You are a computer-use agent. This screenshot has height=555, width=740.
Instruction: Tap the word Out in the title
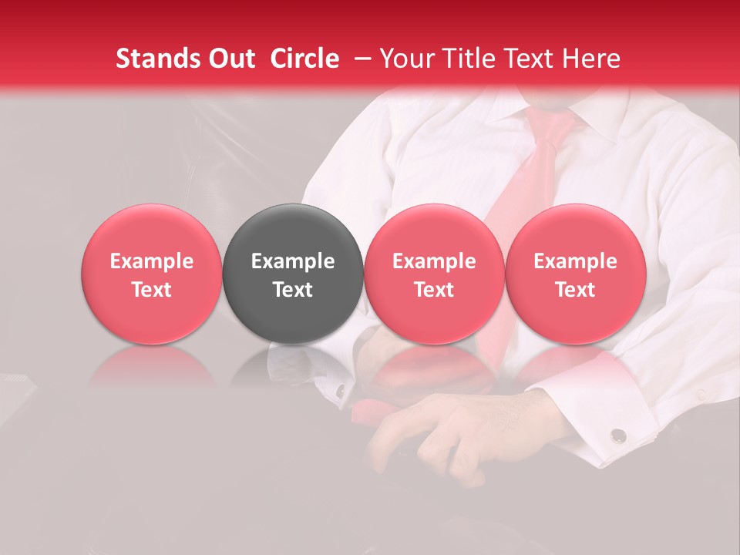[x=229, y=59]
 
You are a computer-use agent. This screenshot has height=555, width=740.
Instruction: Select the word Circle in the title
[x=304, y=59]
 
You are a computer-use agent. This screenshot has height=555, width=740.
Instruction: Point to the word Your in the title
[x=405, y=59]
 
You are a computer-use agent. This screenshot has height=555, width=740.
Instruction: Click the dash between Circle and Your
[x=359, y=59]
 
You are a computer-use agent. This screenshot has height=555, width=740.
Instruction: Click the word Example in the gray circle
[x=293, y=261]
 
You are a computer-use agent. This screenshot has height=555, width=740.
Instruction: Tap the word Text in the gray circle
[x=293, y=290]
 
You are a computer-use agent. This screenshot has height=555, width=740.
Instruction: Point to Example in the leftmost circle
[x=151, y=261]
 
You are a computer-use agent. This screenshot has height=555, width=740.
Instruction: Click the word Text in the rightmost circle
[x=575, y=290]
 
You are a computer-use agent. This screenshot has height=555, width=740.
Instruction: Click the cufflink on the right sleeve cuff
[x=617, y=436]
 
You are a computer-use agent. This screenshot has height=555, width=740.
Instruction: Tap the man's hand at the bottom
[x=432, y=439]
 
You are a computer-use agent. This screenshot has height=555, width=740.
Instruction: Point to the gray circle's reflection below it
[x=293, y=367]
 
